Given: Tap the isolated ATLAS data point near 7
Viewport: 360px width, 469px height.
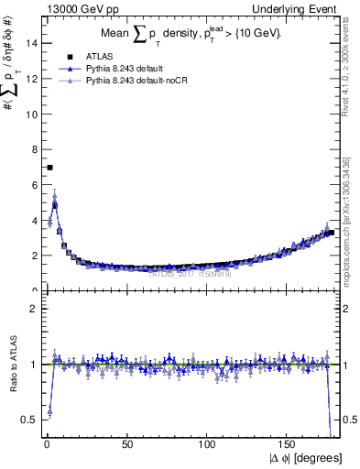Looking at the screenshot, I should (49, 168).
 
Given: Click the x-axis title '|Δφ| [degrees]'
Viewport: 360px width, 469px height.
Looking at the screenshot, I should (305, 457).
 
